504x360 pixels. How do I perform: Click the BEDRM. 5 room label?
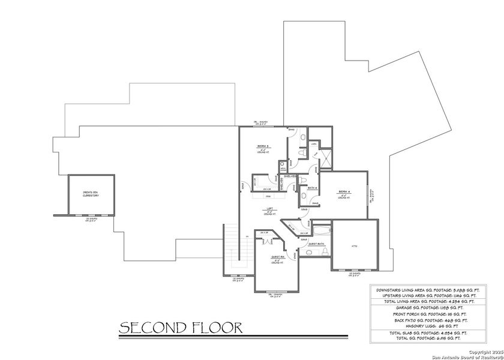tap(263, 146)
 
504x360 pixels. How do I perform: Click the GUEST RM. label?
tap(277, 257)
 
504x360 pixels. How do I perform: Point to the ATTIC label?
tap(354, 245)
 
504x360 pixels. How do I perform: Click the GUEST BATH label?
tap(316, 244)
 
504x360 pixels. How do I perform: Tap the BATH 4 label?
tap(312, 188)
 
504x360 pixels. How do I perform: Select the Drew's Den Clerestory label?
tap(91, 194)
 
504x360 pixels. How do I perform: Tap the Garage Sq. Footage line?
tap(427, 307)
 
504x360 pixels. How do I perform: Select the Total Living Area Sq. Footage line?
tap(427, 301)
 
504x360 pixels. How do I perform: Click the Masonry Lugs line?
tap(427, 326)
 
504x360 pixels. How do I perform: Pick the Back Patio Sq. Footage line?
tap(427, 320)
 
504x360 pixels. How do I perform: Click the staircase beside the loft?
tap(232, 246)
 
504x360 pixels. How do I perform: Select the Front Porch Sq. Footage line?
tap(427, 313)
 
